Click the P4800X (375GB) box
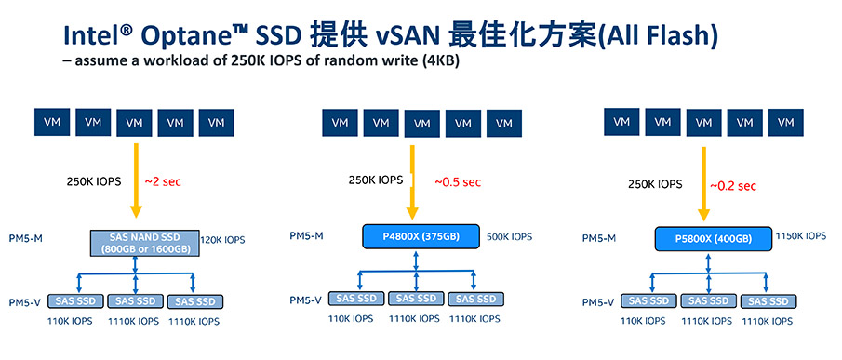[421, 236]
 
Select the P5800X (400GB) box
[713, 239]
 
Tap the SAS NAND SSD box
[144, 243]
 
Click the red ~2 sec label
[163, 181]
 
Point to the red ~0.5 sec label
[458, 182]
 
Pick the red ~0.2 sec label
[733, 186]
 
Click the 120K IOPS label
[223, 239]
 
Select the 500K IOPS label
[510, 236]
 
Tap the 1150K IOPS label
[801, 235]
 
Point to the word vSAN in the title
[408, 35]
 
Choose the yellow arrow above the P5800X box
[703, 183]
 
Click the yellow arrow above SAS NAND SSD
[136, 180]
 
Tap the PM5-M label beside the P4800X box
[307, 235]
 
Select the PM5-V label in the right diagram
[598, 303]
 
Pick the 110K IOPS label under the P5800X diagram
[643, 321]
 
